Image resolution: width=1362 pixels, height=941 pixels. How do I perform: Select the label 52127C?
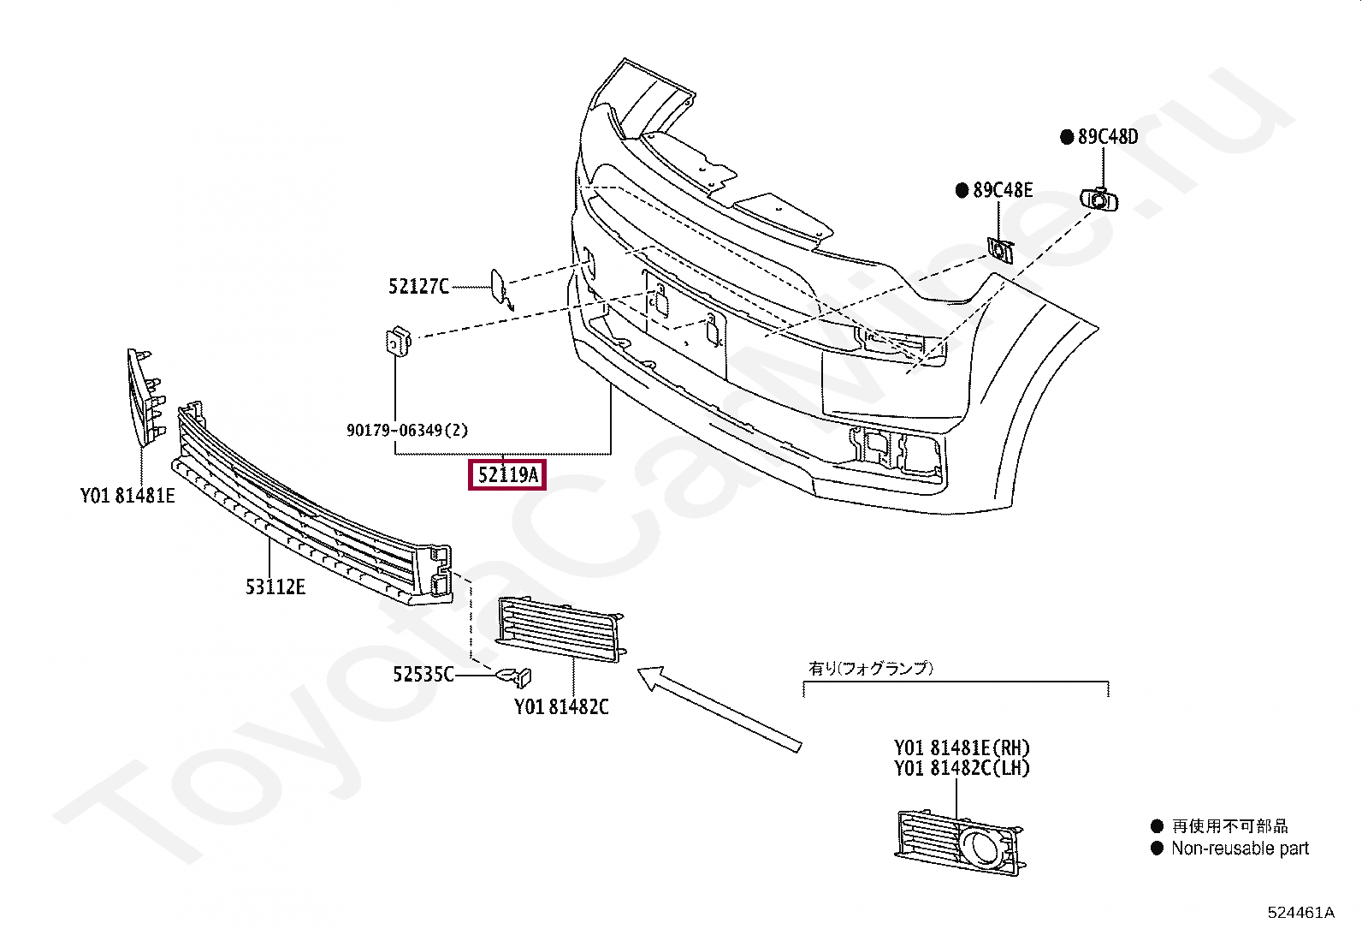(418, 287)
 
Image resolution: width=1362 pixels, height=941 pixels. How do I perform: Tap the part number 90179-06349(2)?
(407, 430)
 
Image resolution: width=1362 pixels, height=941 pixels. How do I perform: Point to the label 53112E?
(275, 587)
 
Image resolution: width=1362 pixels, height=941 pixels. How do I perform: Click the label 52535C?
(423, 675)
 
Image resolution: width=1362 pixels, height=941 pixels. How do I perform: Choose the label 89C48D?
(1107, 137)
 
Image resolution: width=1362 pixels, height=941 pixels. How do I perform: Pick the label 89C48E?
(1002, 190)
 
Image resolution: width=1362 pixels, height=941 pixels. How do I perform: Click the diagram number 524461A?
(1300, 913)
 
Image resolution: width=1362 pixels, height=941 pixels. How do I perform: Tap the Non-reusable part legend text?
(1240, 849)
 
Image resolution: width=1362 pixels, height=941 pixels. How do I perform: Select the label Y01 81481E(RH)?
(962, 748)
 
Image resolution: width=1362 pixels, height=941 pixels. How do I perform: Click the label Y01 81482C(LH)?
(962, 768)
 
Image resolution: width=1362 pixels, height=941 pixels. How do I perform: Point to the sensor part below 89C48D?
(1099, 200)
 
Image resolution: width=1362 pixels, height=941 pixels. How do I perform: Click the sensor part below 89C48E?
(1000, 250)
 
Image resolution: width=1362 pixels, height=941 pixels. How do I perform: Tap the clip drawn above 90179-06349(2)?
(398, 342)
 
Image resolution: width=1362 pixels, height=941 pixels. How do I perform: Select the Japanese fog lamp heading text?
(871, 668)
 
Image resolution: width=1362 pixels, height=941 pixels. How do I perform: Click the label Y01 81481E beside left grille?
(127, 496)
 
